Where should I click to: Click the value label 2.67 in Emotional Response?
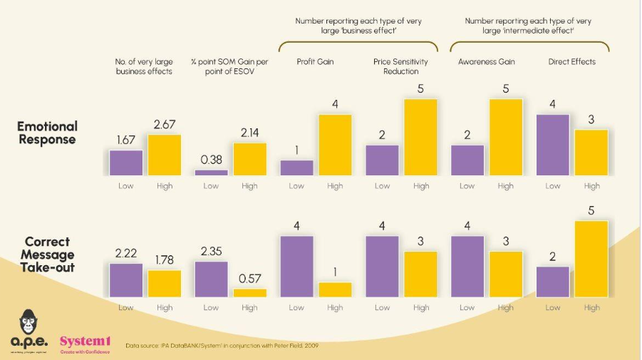(x=164, y=125)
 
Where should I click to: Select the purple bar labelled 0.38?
(x=211, y=173)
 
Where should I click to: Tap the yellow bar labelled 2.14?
(x=249, y=159)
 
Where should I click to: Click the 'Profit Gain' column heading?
(x=316, y=62)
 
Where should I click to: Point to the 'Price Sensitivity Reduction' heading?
(x=400, y=66)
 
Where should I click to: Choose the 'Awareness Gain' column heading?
(x=486, y=62)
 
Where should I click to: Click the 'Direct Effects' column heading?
(x=571, y=62)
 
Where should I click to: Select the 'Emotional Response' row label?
(x=47, y=133)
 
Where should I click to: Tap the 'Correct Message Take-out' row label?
(x=47, y=254)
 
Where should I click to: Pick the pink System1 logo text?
(x=85, y=341)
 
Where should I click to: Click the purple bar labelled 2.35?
(x=211, y=279)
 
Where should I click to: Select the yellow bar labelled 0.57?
(x=249, y=292)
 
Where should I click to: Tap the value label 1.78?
(x=164, y=261)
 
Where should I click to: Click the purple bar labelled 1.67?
(x=126, y=163)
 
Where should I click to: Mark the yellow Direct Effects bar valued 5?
(x=591, y=259)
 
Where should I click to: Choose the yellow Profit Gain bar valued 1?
(x=335, y=289)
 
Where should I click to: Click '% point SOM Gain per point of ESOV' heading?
(x=229, y=66)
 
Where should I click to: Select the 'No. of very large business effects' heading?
(x=144, y=66)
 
